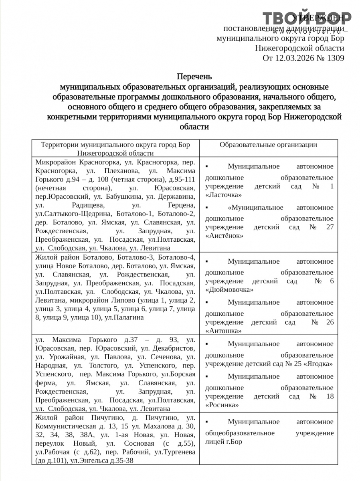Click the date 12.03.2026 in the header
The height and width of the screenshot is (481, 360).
(294, 58)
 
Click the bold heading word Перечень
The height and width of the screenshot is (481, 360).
(194, 76)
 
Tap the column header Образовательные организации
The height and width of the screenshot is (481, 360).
(268, 145)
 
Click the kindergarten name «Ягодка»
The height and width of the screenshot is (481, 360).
(318, 364)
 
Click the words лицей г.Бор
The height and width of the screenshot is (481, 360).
(224, 442)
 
